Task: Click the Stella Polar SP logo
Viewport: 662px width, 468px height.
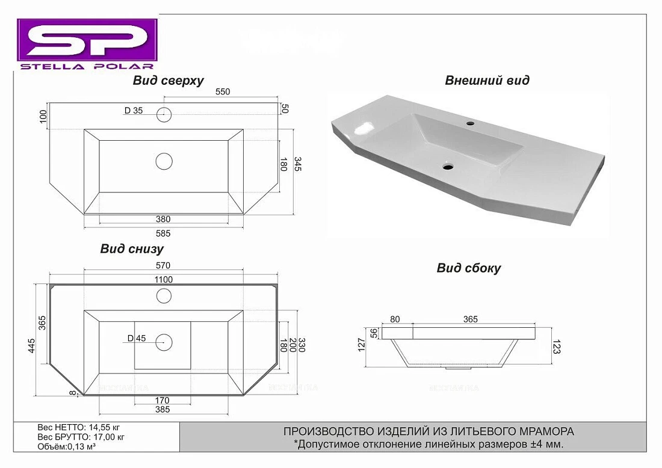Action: point(87,44)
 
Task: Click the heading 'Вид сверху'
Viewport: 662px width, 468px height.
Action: point(168,80)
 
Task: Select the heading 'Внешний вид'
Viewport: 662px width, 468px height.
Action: point(487,80)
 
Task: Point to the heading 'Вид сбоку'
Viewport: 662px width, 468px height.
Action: point(469,268)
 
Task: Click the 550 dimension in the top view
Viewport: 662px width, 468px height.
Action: point(223,91)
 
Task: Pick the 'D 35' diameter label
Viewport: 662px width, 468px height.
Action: point(134,111)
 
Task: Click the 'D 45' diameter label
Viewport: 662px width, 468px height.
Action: point(137,338)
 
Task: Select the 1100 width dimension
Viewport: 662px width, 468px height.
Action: point(163,279)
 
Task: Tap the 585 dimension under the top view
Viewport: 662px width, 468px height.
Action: point(163,233)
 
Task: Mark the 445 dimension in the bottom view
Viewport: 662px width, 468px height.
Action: point(32,346)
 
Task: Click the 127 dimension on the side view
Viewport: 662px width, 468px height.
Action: point(361,346)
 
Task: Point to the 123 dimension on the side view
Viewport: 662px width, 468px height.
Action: point(557,346)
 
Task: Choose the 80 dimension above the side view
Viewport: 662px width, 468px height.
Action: point(395,319)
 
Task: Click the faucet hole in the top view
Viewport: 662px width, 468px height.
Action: point(164,114)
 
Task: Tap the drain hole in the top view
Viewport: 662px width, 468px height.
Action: point(164,161)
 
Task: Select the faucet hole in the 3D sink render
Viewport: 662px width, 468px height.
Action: point(470,124)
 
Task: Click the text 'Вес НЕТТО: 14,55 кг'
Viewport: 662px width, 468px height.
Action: point(78,428)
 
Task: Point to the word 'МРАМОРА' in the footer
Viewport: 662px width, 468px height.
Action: point(549,431)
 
